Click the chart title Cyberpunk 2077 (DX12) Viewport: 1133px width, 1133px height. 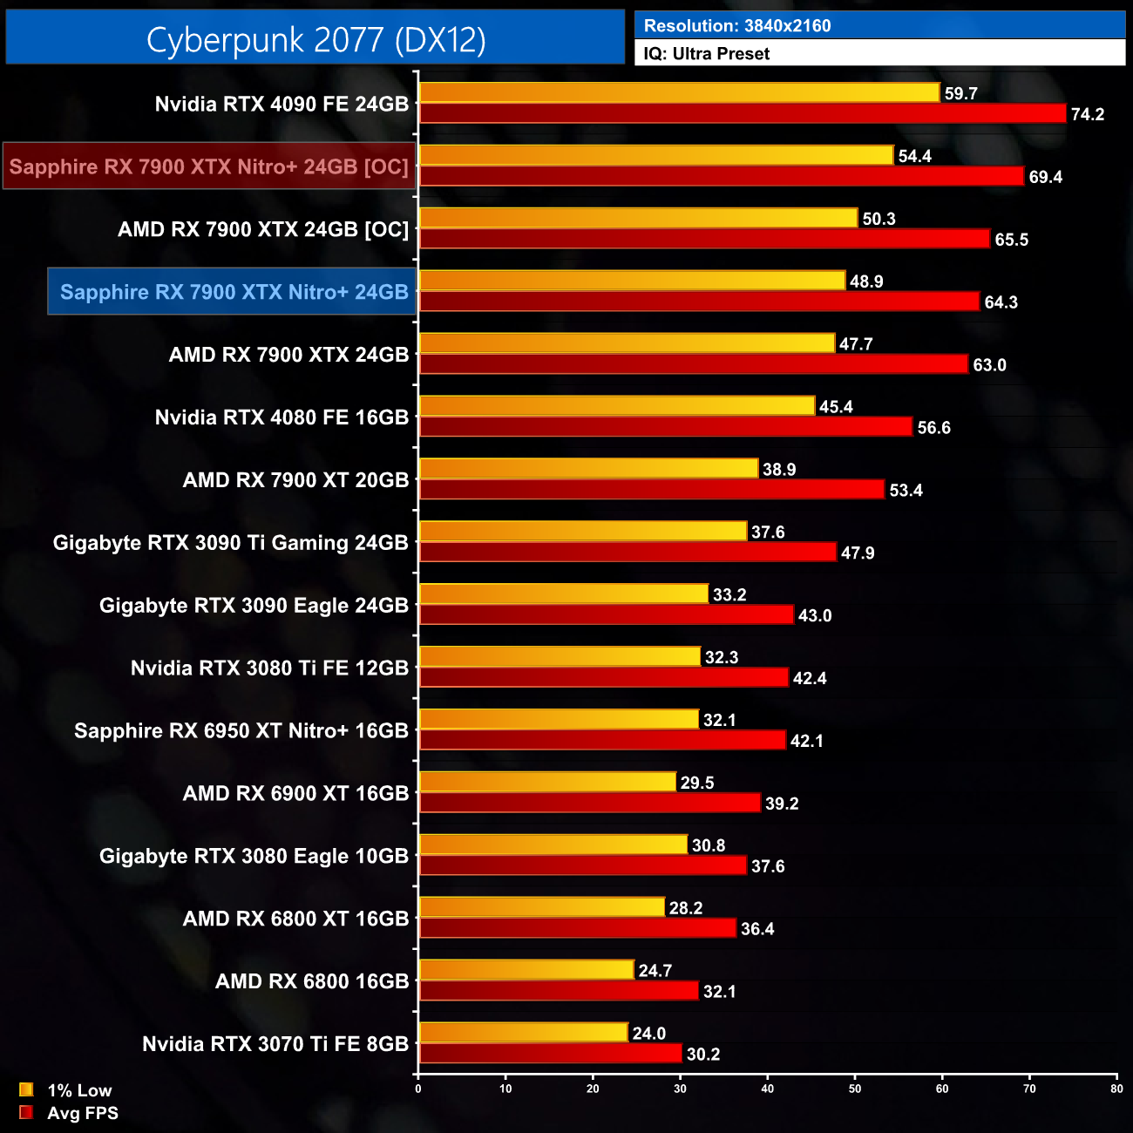point(315,39)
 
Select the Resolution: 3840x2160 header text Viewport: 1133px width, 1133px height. point(736,26)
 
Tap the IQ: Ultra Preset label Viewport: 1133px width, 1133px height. point(706,54)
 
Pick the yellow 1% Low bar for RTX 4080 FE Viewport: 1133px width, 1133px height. point(617,406)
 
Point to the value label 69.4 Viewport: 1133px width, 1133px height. point(1045,177)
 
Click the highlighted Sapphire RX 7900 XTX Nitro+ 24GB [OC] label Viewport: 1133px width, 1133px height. point(209,166)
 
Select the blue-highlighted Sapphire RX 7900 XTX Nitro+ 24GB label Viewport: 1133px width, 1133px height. point(234,292)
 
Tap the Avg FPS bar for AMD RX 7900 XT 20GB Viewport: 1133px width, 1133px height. point(652,490)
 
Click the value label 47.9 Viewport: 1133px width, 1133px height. point(858,553)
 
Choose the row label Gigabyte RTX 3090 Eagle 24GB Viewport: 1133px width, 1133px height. point(254,606)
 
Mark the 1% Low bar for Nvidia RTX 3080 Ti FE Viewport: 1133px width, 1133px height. point(560,656)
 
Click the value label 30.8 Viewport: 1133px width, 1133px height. point(708,845)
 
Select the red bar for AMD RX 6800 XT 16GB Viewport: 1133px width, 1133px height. point(578,928)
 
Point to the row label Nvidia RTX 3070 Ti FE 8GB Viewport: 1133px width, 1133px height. point(275,1044)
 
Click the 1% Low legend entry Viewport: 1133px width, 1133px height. point(78,1090)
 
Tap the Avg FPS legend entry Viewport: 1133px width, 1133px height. point(82,1113)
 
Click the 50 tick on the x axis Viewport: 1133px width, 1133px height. point(855,1089)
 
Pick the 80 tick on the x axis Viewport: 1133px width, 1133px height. point(1116,1089)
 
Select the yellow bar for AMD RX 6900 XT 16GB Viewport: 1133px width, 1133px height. point(547,782)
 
